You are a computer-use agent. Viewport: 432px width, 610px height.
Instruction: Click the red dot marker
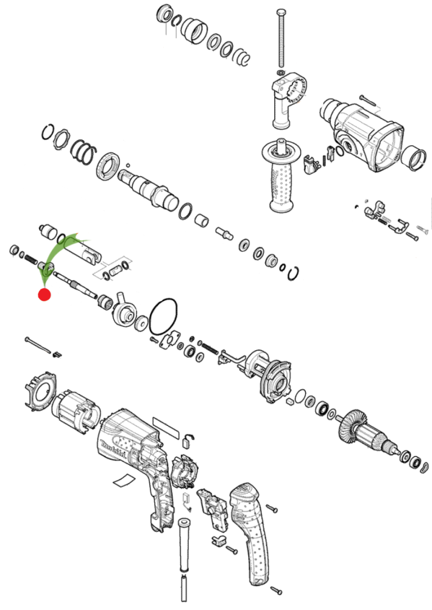click(x=44, y=295)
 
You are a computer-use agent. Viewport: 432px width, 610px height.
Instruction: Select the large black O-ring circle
click(x=163, y=316)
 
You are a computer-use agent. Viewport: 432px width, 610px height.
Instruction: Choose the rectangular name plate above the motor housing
click(x=166, y=424)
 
